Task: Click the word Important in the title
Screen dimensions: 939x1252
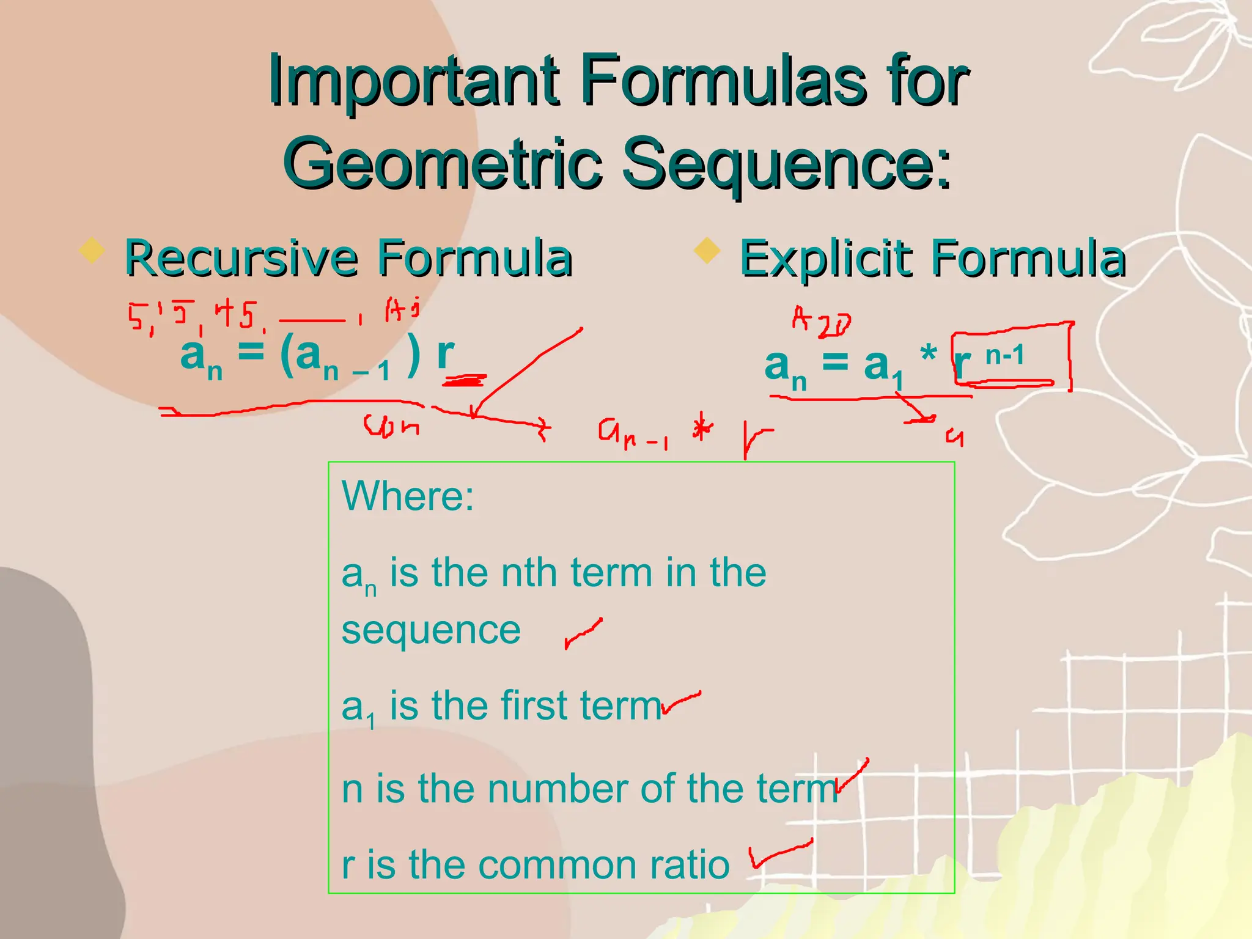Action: (413, 81)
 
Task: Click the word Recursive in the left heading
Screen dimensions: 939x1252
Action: (241, 258)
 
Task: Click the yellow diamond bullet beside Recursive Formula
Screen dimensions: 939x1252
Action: (92, 251)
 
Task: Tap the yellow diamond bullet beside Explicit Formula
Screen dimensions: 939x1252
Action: (708, 251)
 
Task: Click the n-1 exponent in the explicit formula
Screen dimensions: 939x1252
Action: (1004, 355)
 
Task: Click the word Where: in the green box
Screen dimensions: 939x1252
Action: (408, 495)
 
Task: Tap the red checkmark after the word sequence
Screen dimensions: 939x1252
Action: (583, 633)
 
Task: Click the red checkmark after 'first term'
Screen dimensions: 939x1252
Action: (681, 703)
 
